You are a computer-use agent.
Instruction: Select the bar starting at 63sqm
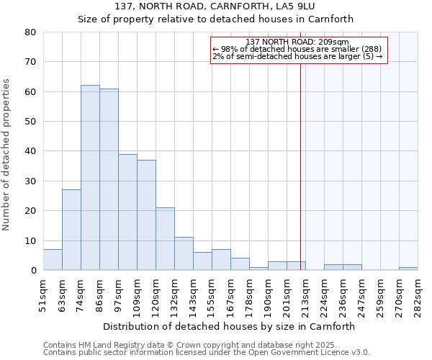[71, 230]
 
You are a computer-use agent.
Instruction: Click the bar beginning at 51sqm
[53, 260]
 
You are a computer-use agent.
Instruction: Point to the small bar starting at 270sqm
[408, 269]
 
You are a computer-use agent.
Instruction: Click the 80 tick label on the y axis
[30, 32]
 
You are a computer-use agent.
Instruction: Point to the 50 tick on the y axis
[30, 122]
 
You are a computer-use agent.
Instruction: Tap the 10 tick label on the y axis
[30, 241]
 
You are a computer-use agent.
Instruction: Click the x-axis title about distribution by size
[229, 326]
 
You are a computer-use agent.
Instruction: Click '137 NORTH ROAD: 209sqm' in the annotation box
[297, 42]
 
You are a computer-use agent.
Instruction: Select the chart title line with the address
[215, 6]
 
